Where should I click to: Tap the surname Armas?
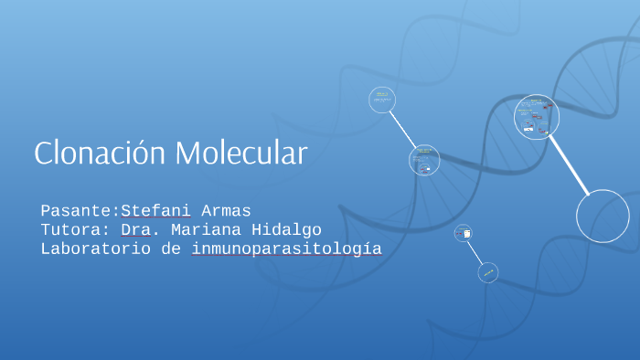pos(227,211)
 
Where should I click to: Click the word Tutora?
pos(72,230)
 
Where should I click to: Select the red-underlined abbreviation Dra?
pos(135,230)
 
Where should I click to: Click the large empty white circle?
pos(603,217)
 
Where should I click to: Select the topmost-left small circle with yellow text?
pos(382,99)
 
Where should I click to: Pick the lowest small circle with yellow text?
pos(488,272)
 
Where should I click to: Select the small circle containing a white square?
pos(464,234)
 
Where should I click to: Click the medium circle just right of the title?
pos(424,160)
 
